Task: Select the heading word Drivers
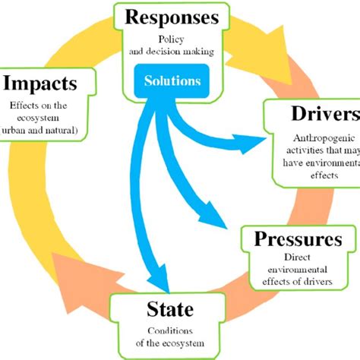324,115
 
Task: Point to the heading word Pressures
298,240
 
